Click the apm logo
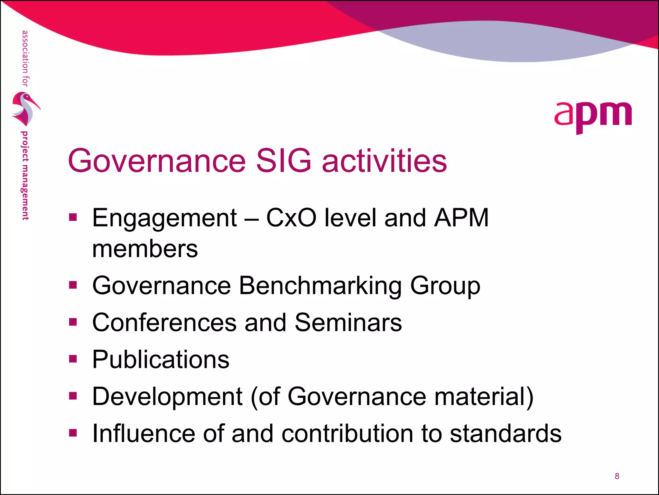pos(593,117)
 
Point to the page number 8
pos(617,476)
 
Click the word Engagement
pos(164,218)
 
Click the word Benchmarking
pos(320,286)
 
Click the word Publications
pos(161,359)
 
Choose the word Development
pos(167,397)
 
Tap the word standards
pos(506,433)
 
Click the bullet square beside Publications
pos(73,359)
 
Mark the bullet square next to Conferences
pos(73,322)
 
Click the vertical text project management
pos(25,176)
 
